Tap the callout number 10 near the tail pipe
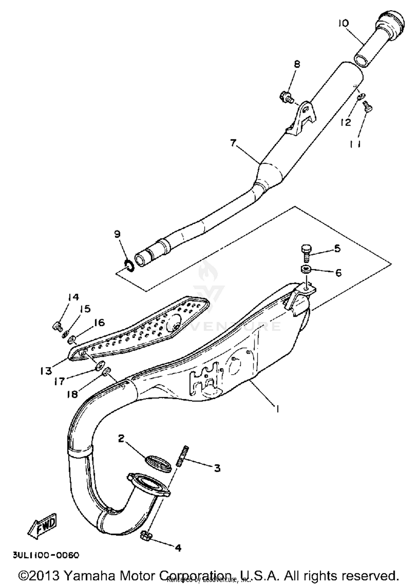tap(343, 23)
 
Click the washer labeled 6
tap(306, 269)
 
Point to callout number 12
tap(346, 122)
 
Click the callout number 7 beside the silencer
tap(233, 143)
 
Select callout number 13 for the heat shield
tap(46, 371)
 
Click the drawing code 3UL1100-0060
tap(46, 555)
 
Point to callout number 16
tap(99, 322)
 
